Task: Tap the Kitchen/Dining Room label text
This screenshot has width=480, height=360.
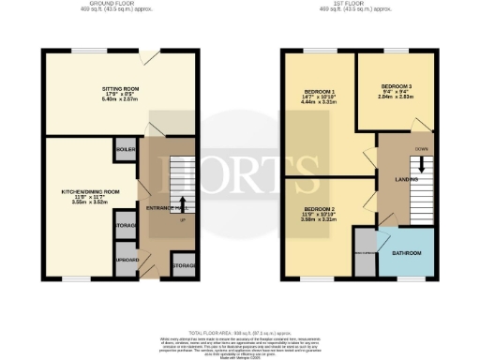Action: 89,190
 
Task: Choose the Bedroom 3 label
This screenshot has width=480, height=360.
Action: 395,84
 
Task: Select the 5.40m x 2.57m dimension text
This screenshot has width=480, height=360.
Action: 121,98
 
